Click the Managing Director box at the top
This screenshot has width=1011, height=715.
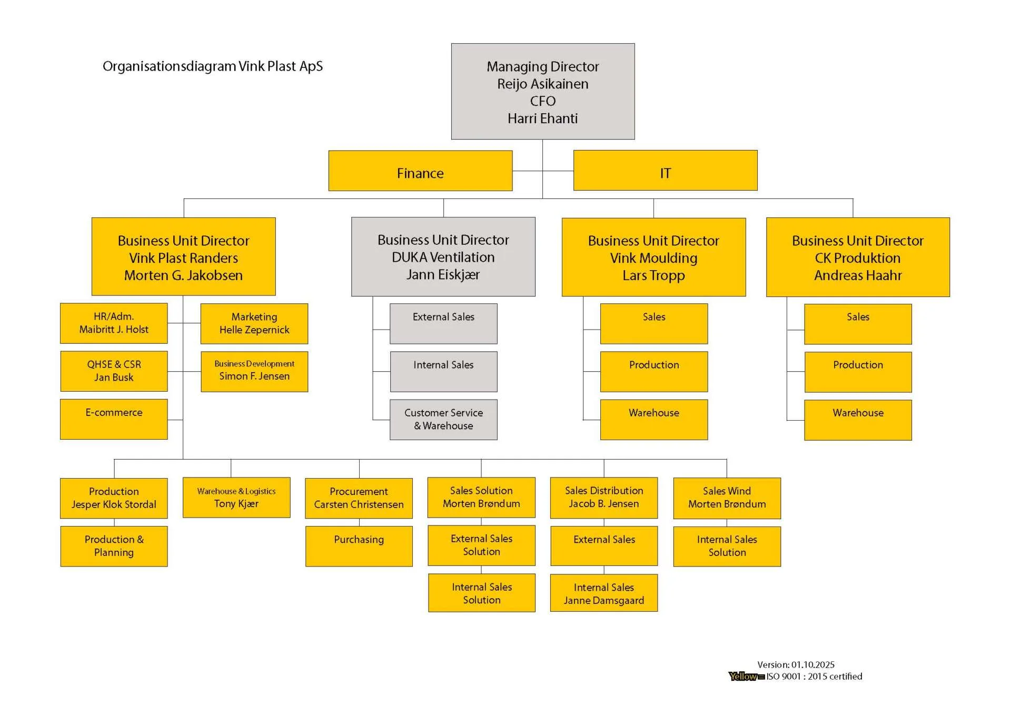542,91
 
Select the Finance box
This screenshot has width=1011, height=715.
420,171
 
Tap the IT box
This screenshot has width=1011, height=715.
665,171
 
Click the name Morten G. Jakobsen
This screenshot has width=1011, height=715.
183,275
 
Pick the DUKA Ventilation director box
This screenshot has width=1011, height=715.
443,256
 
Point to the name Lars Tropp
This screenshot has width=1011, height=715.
653,275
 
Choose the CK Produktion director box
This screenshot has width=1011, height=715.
858,257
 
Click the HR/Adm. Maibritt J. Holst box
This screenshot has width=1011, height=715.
114,323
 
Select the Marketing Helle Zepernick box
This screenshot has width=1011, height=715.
254,323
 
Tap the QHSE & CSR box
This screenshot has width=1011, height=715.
114,371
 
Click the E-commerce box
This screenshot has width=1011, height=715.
114,419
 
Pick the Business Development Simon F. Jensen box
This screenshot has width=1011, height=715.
254,371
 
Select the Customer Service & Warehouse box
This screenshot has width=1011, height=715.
443,420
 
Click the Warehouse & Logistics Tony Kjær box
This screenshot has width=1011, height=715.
236,498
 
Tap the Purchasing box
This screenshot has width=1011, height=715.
359,546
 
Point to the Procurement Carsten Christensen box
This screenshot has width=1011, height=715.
359,498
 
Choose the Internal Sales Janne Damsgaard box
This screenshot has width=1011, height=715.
603,593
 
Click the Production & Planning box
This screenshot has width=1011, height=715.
114,546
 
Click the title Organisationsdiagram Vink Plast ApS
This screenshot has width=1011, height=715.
213,66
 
